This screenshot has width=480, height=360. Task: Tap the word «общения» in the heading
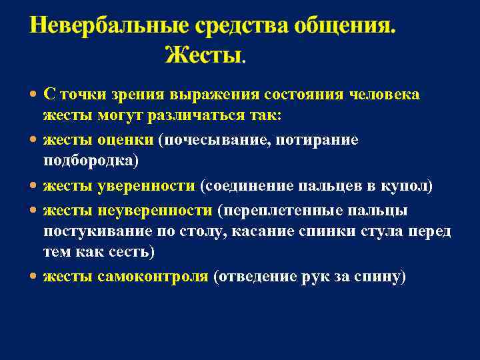[336, 26]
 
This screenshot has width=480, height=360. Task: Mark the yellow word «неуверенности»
[155, 210]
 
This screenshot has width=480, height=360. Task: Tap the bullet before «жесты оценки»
[34, 141]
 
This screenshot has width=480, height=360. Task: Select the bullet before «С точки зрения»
[34, 95]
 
